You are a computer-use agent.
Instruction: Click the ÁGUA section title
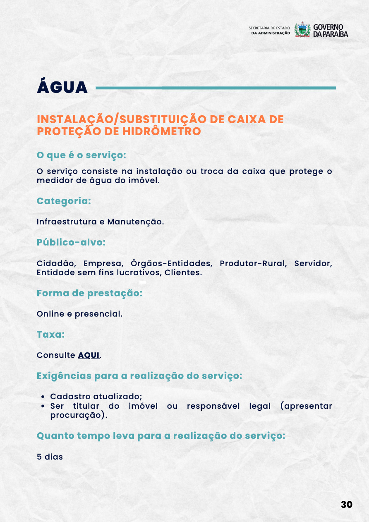click(x=62, y=88)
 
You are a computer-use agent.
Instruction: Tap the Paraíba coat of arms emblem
click(x=302, y=30)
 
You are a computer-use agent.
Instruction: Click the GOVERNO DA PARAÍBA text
click(x=330, y=30)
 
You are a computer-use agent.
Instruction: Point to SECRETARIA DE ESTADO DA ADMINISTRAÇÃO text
click(x=270, y=30)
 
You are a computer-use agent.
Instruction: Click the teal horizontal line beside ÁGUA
click(x=215, y=88)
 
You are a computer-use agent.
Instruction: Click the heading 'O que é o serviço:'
click(x=81, y=155)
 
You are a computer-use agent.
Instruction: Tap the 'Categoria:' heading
click(x=64, y=201)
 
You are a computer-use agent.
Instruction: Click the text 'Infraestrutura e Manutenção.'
click(x=100, y=222)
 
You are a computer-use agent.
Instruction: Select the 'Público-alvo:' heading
click(x=71, y=242)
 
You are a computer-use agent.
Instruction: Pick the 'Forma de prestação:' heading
click(x=89, y=293)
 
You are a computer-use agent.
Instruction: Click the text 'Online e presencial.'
click(x=79, y=314)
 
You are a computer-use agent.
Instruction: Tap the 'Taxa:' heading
click(x=50, y=334)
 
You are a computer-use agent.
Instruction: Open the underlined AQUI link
click(x=89, y=355)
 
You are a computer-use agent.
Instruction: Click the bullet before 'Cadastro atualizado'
click(x=43, y=397)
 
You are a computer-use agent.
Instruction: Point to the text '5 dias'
click(x=50, y=457)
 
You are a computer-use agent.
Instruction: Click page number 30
click(x=346, y=505)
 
